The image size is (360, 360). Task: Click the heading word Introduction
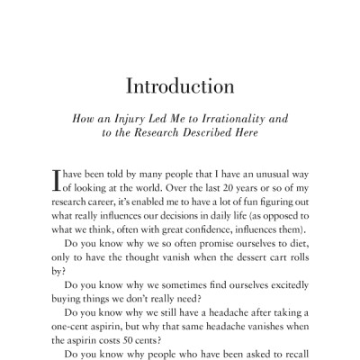pos(181,88)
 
